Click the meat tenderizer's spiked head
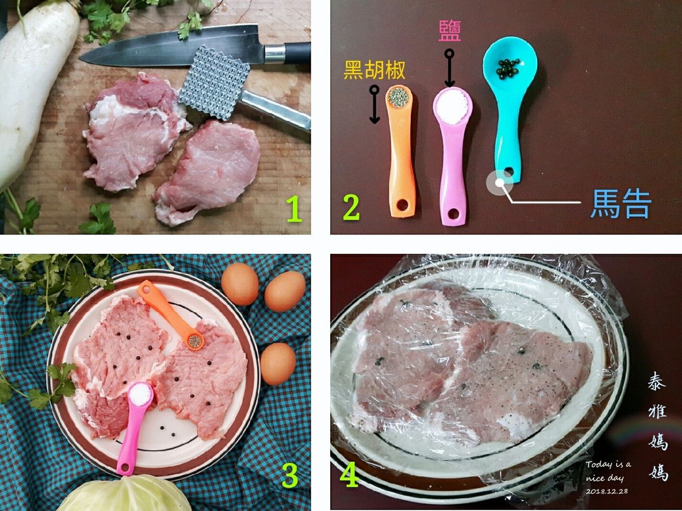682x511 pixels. point(214,82)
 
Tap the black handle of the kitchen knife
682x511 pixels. point(298,53)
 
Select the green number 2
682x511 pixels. point(351,207)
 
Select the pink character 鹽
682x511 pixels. point(450,31)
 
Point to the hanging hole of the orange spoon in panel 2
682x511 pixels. point(403,204)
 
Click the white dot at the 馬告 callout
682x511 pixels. point(500,183)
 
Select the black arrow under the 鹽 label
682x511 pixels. point(450,68)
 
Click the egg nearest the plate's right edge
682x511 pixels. point(278,363)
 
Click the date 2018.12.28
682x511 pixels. point(606,491)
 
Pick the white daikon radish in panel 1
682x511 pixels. point(34,90)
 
